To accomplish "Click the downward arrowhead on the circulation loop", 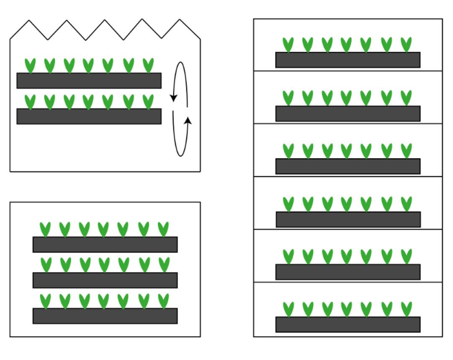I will (173, 98).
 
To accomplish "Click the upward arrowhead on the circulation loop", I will (188, 121).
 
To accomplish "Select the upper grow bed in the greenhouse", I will (89, 80).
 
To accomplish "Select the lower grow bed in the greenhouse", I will (89, 116).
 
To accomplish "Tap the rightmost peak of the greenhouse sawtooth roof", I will (180, 20).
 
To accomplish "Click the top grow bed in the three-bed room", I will (105, 244).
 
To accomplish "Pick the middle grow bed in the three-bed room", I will (105, 280).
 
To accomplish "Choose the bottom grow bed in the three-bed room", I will (105, 316).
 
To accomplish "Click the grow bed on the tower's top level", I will (348, 60).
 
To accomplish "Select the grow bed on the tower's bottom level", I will (348, 324).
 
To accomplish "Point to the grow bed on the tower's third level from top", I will (348, 166).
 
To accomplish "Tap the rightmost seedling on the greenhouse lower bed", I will (148, 102).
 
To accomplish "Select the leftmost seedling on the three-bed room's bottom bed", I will (45, 301).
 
